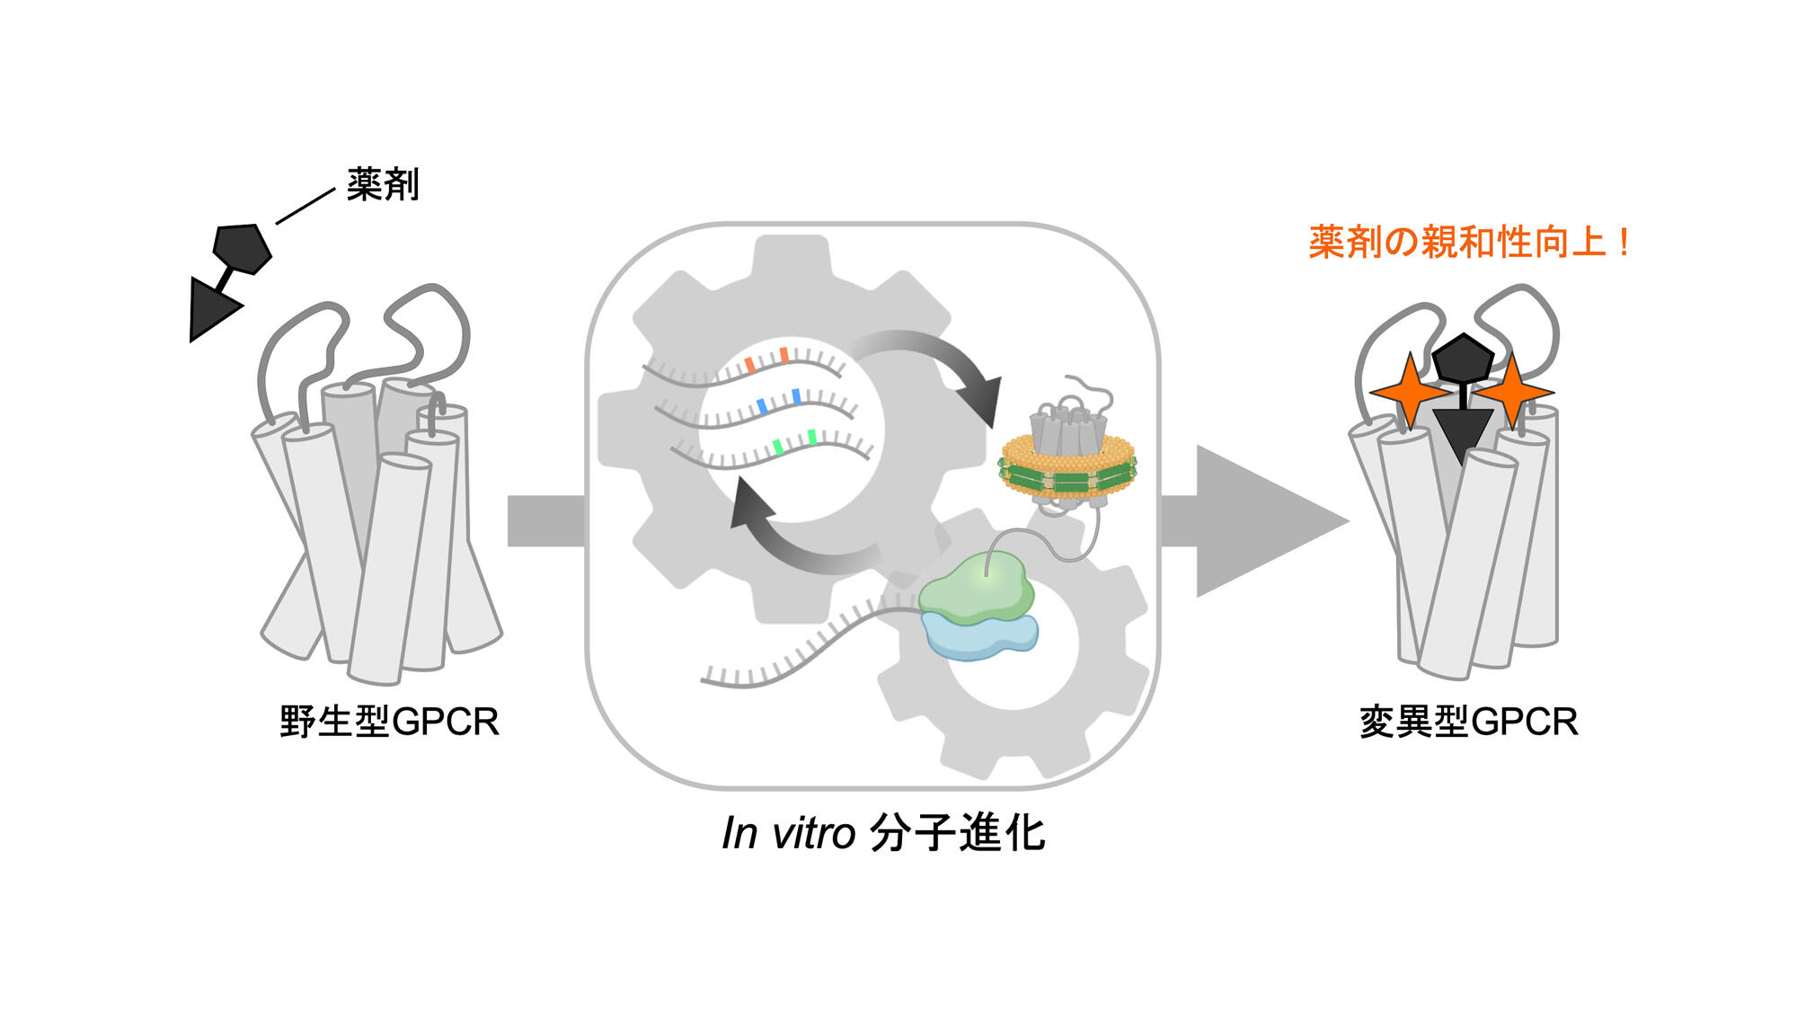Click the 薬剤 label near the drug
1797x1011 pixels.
[x=383, y=184]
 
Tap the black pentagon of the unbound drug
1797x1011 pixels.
[x=242, y=248]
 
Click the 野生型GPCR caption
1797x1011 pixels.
[x=389, y=722]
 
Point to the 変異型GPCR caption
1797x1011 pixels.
[x=1468, y=722]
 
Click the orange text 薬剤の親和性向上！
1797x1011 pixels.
[x=1468, y=243]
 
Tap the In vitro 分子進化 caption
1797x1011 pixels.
[x=884, y=833]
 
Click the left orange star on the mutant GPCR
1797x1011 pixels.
[x=1408, y=392]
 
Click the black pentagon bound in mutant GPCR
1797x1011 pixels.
[x=1463, y=358]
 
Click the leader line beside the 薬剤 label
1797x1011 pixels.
[x=305, y=206]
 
